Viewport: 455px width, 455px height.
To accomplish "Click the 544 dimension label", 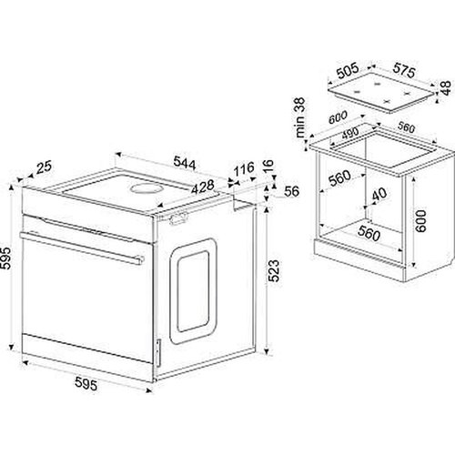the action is click(185, 163).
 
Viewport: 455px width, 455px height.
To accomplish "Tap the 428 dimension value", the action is click(203, 187).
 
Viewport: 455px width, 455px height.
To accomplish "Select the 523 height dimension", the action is click(274, 270).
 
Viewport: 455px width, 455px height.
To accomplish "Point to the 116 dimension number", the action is click(244, 169).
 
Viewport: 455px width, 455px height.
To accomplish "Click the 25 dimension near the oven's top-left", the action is click(44, 167).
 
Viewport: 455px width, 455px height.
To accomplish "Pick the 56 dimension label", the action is click(291, 191).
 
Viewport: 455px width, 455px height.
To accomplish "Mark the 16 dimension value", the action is click(268, 167).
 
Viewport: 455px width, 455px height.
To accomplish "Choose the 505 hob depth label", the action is click(348, 71).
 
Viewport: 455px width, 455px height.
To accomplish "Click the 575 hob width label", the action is click(403, 70).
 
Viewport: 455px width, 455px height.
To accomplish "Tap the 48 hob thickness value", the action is click(446, 88).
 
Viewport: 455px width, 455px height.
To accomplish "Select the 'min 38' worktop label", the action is click(299, 117).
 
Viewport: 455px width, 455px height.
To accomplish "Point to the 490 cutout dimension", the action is click(350, 133).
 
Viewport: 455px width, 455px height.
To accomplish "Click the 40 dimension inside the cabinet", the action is click(379, 195).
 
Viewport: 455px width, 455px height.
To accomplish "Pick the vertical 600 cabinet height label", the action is click(420, 221).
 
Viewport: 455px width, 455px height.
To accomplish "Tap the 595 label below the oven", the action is click(86, 383).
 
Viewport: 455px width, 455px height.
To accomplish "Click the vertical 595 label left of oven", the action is click(6, 258).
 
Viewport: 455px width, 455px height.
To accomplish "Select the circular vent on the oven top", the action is click(147, 188).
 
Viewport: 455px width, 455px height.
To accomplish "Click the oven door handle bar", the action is click(82, 248).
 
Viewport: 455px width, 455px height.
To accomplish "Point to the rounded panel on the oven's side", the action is click(193, 290).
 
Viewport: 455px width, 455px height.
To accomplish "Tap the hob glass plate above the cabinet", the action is click(381, 92).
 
